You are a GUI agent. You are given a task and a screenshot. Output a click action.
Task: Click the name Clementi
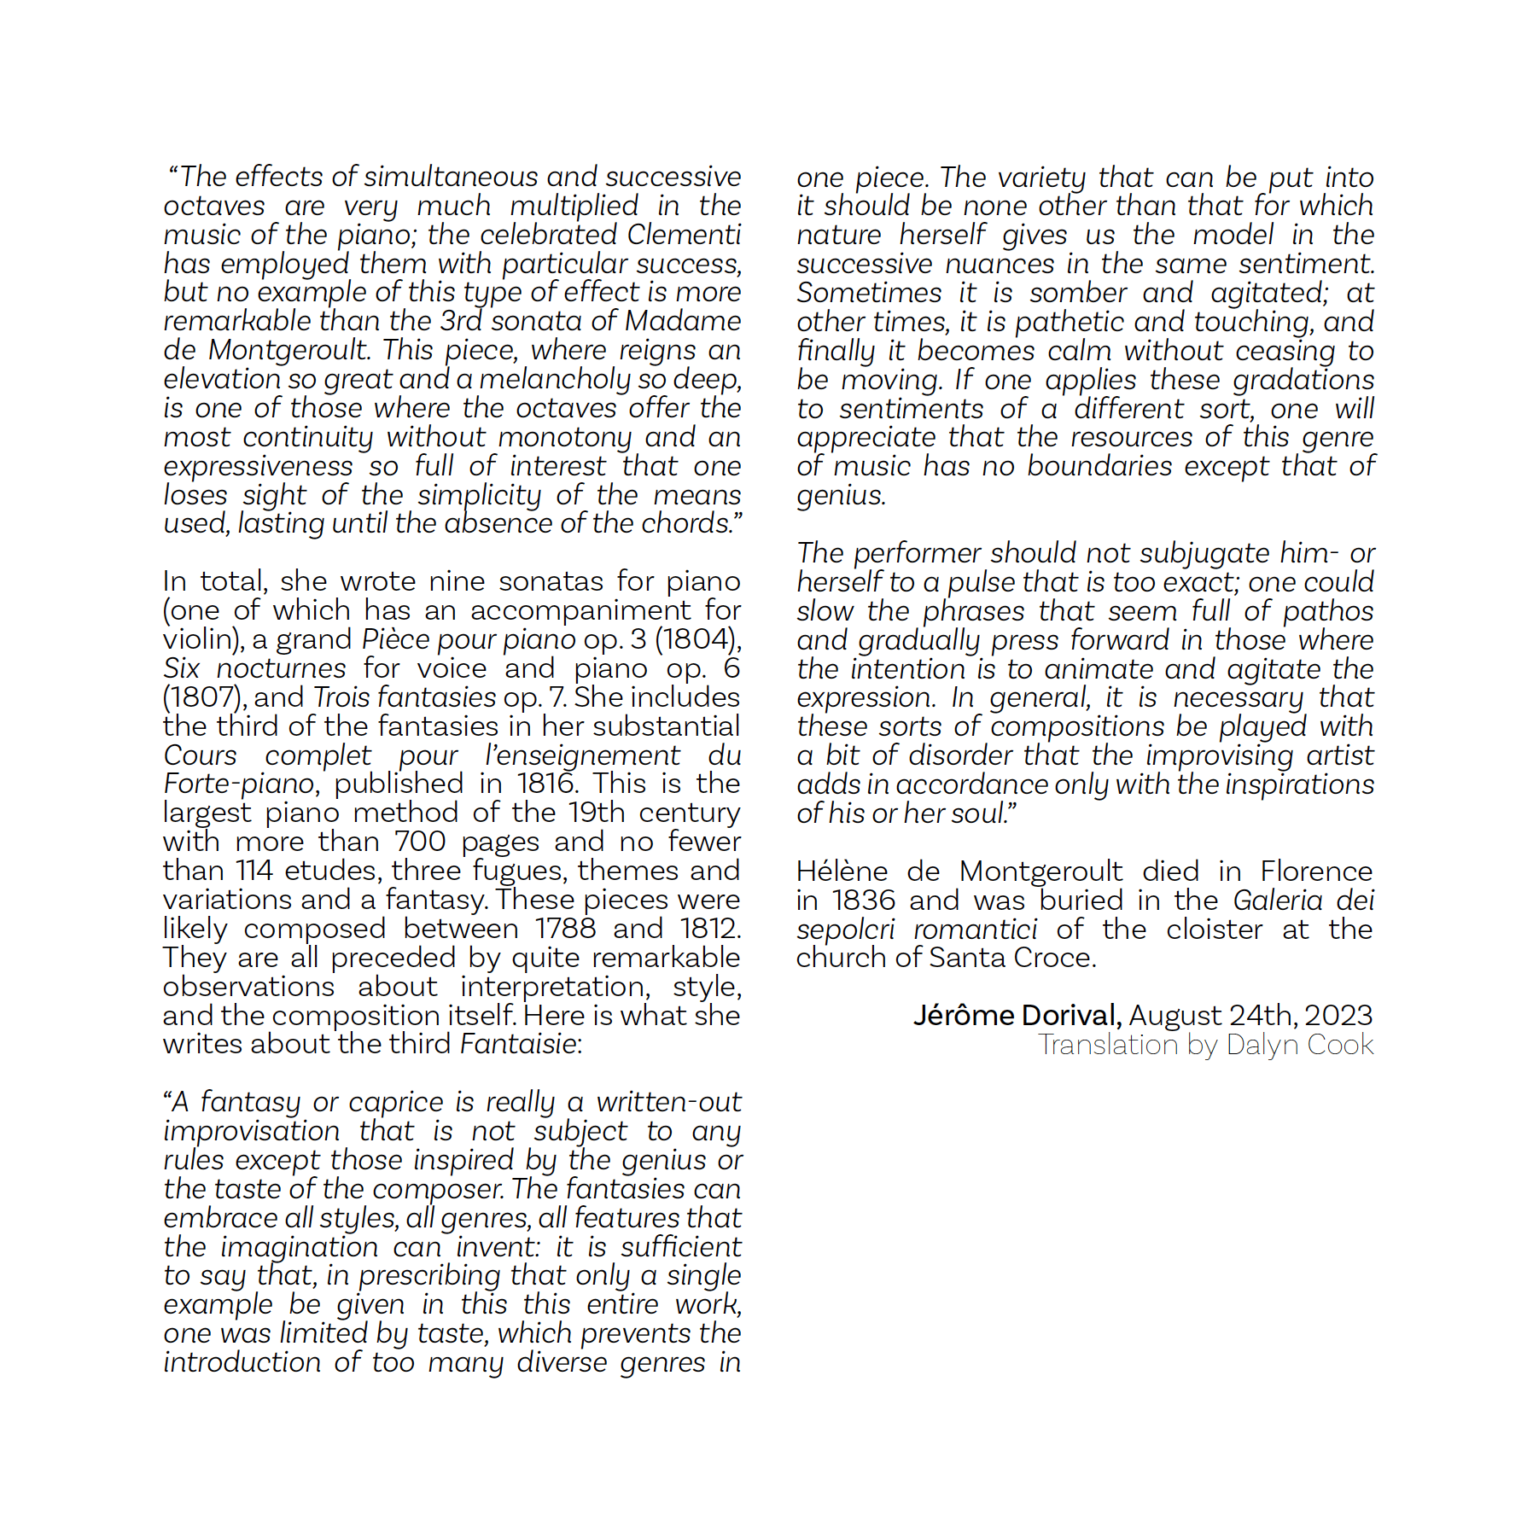pyautogui.click(x=684, y=235)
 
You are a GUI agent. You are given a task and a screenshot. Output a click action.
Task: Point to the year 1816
pyautogui.click(x=547, y=784)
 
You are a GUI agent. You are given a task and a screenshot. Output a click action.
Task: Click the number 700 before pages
pyautogui.click(x=420, y=842)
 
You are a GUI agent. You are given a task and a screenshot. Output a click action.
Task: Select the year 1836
pyautogui.click(x=864, y=901)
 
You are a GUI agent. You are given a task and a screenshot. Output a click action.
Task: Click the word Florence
pyautogui.click(x=1316, y=871)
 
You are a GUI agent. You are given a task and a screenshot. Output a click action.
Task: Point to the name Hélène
pyautogui.click(x=842, y=871)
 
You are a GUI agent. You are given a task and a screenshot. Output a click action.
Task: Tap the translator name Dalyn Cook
pyautogui.click(x=1299, y=1045)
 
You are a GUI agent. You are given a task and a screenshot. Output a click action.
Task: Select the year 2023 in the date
pyautogui.click(x=1338, y=1016)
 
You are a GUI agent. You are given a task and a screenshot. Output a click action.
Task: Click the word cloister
pyautogui.click(x=1214, y=930)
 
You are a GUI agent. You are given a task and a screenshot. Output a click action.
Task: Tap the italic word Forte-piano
pyautogui.click(x=240, y=784)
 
